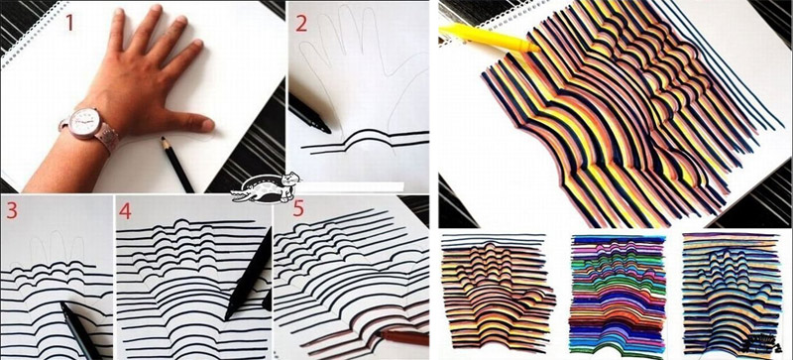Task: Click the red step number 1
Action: click(x=68, y=23)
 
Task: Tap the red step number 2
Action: click(x=301, y=23)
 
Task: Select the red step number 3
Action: click(x=12, y=211)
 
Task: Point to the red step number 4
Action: click(x=125, y=211)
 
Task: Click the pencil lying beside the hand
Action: click(x=177, y=164)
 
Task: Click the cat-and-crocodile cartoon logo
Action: click(x=266, y=187)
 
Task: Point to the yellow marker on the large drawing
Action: click(x=488, y=38)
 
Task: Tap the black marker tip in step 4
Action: click(x=228, y=316)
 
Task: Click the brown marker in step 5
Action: click(x=402, y=338)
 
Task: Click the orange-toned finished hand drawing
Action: click(x=498, y=293)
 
